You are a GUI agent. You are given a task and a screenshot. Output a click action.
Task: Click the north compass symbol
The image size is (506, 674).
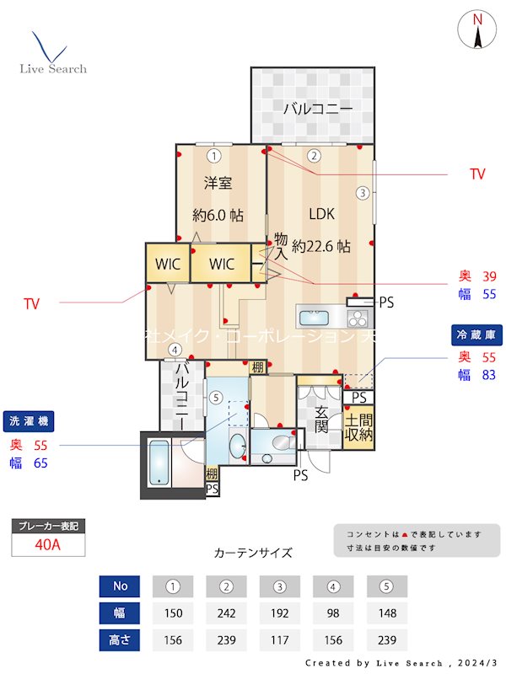coord(477,31)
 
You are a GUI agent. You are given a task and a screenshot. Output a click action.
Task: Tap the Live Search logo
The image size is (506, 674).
coord(52,55)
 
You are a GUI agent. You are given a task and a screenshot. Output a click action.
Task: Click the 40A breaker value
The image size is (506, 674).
coord(48,545)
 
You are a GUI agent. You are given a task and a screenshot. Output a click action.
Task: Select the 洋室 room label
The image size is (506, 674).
coord(218,183)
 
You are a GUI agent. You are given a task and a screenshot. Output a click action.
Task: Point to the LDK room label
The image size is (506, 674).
coord(321,213)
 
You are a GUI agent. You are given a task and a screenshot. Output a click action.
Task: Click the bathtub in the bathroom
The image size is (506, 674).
coord(159,463)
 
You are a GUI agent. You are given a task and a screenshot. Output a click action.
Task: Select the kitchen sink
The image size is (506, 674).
coord(317,317)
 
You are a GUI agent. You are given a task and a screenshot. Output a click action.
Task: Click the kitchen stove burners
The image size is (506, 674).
coord(357,318)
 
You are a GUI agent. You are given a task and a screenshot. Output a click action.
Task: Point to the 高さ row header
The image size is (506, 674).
coord(117,639)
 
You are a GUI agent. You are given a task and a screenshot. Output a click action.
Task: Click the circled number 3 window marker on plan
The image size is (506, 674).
coord(363,192)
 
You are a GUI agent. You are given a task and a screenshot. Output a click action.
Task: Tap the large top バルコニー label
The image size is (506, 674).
coord(317,108)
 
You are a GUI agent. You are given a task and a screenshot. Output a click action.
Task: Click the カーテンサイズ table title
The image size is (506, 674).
coord(253,553)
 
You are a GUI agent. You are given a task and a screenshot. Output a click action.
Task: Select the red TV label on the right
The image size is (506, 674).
coord(477,174)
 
